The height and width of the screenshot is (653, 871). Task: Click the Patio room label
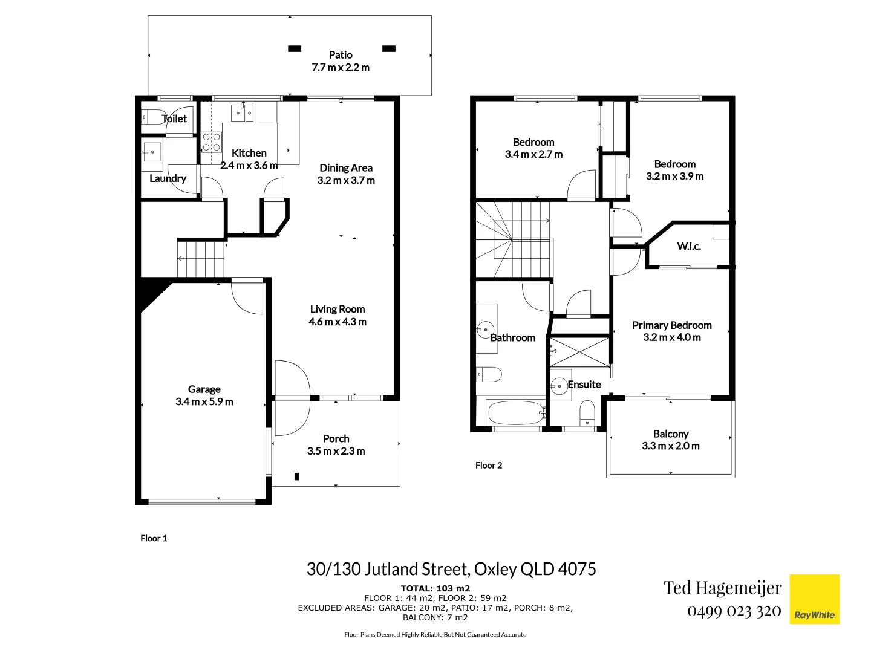coord(341,55)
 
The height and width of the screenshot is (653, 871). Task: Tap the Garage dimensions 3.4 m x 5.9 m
coord(204,402)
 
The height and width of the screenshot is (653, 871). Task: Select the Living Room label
coord(337,309)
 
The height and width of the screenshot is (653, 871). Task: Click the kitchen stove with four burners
coord(211,143)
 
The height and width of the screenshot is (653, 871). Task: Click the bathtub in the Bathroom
coord(515,414)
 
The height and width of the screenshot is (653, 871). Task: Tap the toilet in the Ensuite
coord(587,414)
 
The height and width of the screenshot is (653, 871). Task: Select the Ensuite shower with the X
coord(579,351)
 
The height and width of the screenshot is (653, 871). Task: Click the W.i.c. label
coord(689,246)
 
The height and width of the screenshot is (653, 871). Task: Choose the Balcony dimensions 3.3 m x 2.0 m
coord(670,446)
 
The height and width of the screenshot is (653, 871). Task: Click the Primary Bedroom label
coord(671,325)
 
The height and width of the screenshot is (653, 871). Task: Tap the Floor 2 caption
coord(489,466)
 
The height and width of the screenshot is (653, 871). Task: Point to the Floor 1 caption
coord(154,538)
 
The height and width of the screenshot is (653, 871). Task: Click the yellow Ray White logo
coord(815,599)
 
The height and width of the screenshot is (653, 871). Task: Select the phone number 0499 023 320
coord(734,611)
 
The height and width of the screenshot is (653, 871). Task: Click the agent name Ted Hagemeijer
coord(722,588)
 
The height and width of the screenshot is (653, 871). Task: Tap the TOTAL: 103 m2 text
coord(435,588)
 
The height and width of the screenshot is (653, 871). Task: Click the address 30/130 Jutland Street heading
coord(451,569)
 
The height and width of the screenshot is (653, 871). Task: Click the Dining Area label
coord(346,168)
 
